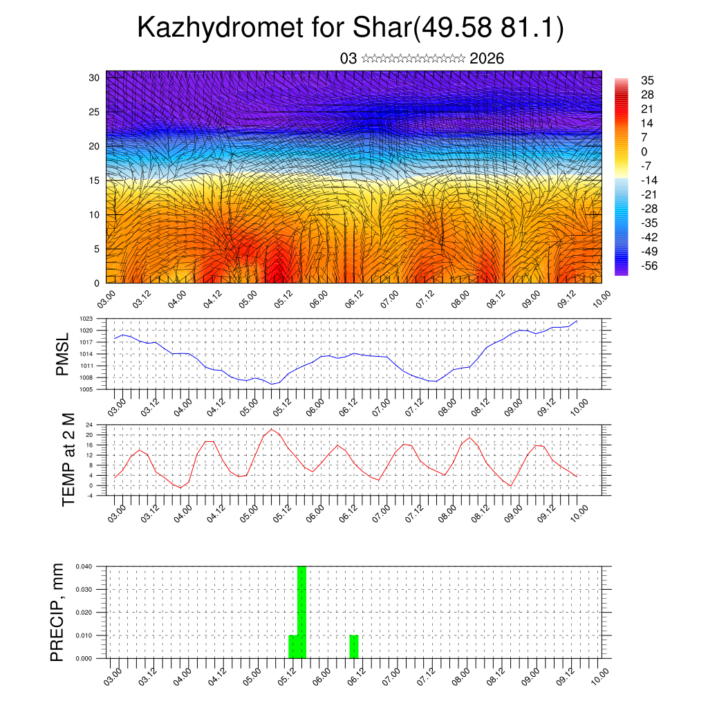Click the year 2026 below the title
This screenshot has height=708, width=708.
tap(487, 59)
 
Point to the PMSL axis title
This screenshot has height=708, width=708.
tap(63, 353)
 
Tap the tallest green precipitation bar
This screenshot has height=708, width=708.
tap(301, 612)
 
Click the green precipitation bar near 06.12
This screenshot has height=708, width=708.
tap(354, 646)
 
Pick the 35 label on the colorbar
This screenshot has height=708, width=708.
tap(647, 81)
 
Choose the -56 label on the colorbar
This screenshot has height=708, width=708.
tap(649, 265)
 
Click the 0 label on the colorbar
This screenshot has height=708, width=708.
tap(644, 151)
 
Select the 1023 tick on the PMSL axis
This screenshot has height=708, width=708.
tap(86, 319)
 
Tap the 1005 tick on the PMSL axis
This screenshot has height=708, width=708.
tap(86, 389)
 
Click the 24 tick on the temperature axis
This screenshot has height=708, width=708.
tap(89, 425)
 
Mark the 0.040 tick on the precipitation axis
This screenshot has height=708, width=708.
tap(84, 566)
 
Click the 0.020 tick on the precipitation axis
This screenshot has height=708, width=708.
tap(84, 613)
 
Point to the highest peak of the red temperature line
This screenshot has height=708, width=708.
tap(271, 429)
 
